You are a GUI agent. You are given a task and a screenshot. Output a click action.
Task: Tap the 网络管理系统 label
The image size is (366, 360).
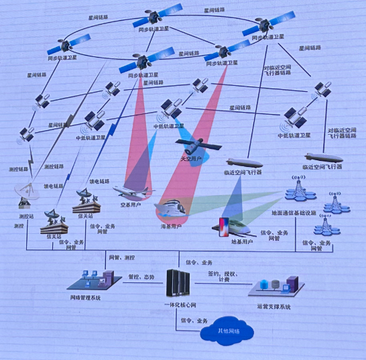(86, 297)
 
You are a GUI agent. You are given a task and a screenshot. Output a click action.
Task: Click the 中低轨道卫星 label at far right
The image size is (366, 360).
(293, 135)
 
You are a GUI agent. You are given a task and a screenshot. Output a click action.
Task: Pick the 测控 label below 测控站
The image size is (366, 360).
(19, 226)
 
